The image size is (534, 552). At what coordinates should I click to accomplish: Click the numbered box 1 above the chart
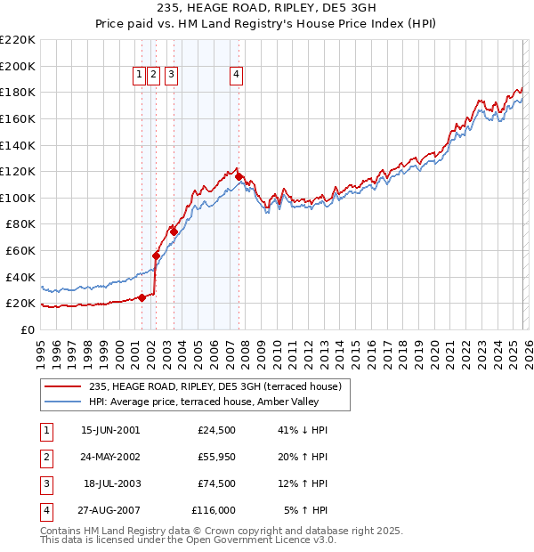pos(141,76)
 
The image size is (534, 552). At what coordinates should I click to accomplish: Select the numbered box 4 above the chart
pos(237,76)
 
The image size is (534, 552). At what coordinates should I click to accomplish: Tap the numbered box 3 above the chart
pos(170,76)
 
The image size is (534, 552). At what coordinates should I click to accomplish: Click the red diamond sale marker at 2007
pos(239,176)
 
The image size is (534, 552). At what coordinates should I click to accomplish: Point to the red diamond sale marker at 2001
pos(142,297)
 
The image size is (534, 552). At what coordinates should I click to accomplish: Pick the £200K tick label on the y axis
pos(18,66)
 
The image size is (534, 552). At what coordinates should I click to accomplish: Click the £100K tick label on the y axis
pos(18,198)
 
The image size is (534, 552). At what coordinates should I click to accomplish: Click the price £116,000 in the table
pos(214,510)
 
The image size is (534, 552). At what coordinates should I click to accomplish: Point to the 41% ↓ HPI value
pos(303,430)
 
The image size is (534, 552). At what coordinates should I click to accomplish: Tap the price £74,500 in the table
pos(216,484)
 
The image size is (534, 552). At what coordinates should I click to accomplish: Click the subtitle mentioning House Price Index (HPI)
pos(267,25)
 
